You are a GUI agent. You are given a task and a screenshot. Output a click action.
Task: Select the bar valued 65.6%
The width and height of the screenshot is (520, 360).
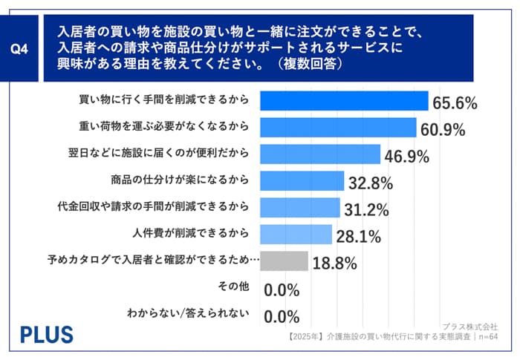coord(345,101)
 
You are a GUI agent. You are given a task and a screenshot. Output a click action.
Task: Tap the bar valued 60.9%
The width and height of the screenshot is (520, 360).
coord(339,128)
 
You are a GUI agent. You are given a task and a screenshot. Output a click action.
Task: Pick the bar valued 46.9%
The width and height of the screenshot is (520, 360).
coord(322,154)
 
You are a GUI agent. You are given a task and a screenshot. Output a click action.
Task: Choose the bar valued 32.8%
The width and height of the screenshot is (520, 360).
coord(303,181)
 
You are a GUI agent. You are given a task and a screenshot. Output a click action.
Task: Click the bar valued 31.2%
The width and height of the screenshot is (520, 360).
coord(302,208)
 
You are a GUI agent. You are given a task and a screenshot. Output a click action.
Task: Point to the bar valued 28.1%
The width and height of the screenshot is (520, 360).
coord(297,235)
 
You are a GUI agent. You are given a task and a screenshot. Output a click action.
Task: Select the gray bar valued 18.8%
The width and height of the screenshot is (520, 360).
coord(285,261)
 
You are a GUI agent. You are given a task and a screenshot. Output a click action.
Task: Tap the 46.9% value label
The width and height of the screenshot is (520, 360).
coord(406,157)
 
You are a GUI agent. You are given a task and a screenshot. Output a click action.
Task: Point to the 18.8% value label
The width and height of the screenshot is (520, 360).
coord(334,264)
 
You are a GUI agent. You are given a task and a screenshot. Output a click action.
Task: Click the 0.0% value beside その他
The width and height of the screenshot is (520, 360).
coord(282,289)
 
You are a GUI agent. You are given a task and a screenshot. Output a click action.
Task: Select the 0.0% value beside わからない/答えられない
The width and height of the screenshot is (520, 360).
coord(282,316)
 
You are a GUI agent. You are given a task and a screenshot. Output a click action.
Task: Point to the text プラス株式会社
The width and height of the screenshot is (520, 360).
coord(469,326)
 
